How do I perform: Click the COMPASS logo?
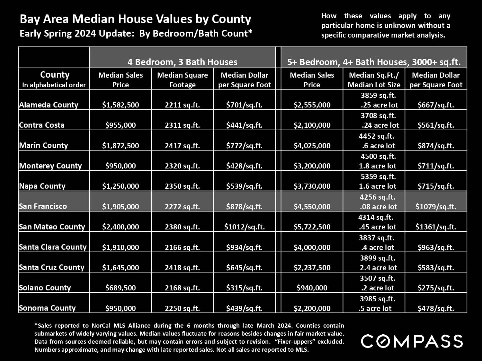[x=412, y=341]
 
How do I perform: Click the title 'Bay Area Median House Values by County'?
[x=135, y=19]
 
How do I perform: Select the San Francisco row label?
[x=43, y=206]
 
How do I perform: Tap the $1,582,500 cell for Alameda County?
[x=121, y=105]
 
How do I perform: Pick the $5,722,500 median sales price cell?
[x=312, y=227]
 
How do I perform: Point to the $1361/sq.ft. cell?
[x=436, y=227]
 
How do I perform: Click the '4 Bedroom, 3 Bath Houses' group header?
[x=182, y=62]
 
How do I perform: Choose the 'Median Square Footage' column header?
[x=182, y=80]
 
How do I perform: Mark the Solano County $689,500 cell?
[x=121, y=288]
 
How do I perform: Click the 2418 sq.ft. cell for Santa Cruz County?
[x=182, y=268]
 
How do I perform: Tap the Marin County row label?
[x=43, y=145]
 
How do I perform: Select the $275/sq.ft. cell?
[x=436, y=288]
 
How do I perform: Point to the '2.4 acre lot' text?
[x=378, y=268]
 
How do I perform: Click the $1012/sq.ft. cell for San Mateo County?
[x=244, y=227]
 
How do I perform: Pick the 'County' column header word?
[x=55, y=75]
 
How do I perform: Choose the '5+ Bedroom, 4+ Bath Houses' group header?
[x=374, y=62]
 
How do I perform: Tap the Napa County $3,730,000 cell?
[x=312, y=186]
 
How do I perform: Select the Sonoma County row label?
[x=47, y=308]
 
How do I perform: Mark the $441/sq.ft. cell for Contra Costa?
[x=244, y=125]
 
